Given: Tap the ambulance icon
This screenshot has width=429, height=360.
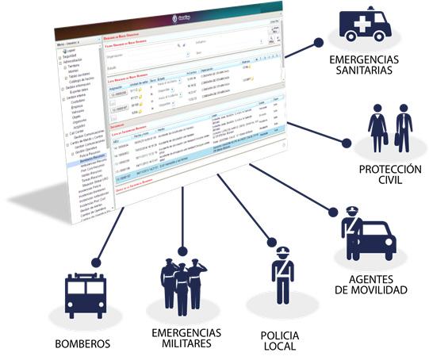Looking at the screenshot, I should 364,25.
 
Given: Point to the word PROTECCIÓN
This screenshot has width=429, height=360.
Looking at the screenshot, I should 389,169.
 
